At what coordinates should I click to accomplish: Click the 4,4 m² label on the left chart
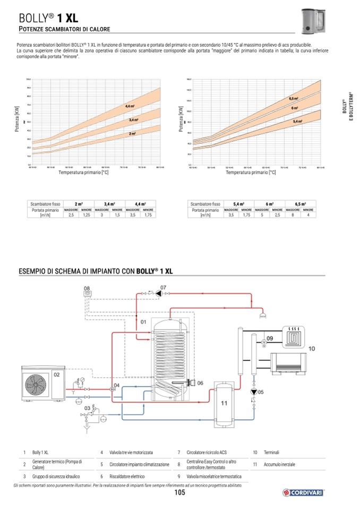pyautogui.click(x=130, y=107)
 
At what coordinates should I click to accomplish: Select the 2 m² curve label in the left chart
pyautogui.click(x=132, y=134)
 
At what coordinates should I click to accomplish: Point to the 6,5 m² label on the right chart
pyautogui.click(x=293, y=99)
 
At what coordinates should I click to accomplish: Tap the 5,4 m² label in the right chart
pyautogui.click(x=297, y=122)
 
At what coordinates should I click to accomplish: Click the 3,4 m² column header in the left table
pyautogui.click(x=109, y=204)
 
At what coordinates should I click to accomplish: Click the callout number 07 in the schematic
pyautogui.click(x=163, y=288)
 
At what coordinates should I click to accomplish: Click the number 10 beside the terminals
pyautogui.click(x=312, y=348)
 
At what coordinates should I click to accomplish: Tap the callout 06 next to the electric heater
pyautogui.click(x=200, y=383)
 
